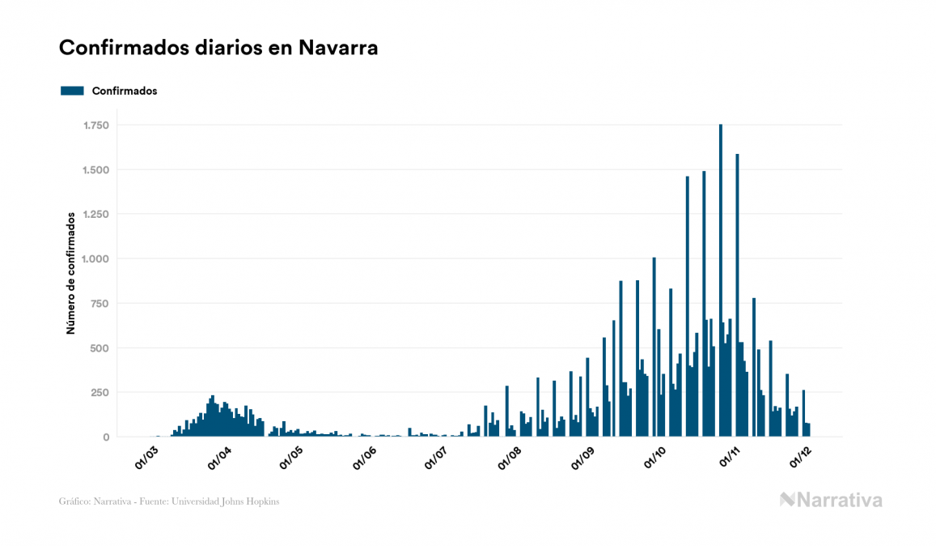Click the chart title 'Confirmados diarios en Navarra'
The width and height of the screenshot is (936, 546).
(218, 48)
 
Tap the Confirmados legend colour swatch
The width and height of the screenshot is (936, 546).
(72, 91)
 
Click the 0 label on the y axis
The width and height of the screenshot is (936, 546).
(105, 437)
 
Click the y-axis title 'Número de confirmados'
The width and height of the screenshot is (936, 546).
(71, 273)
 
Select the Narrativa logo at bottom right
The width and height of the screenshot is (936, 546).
(831, 500)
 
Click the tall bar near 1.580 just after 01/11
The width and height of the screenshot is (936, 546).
(737, 296)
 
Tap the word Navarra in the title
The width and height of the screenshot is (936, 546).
(338, 48)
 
